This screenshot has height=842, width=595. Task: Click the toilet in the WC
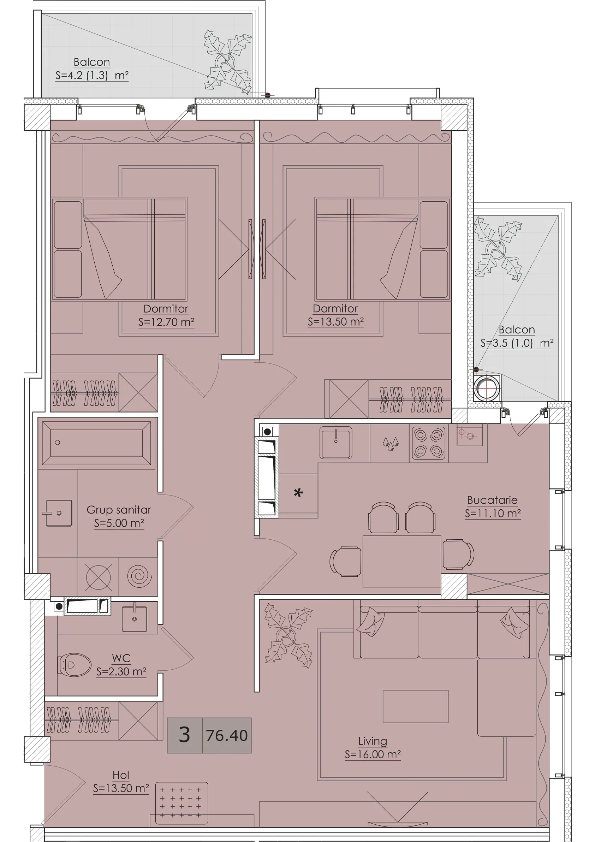coord(75,664)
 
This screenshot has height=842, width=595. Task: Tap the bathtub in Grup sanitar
coord(97,444)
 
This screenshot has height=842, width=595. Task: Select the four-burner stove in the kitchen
coord(429,443)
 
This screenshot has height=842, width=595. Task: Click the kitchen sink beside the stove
coord(336,442)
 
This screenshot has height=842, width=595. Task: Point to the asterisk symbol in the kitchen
coord(298,492)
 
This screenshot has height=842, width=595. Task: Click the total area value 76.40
coord(227,736)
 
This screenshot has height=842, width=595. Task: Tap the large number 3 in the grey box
coord(184,735)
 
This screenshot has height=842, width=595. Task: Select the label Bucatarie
coord(492,500)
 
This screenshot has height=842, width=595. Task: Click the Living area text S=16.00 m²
coord(373,754)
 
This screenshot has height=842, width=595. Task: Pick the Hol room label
coord(121,775)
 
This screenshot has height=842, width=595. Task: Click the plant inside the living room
coord(288,635)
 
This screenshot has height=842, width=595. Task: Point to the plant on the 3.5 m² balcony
coord(498,248)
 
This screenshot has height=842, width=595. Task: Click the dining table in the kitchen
coord(402,562)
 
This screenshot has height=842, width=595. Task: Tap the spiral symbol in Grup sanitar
coord(139,576)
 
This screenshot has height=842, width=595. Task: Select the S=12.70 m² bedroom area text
coord(166,322)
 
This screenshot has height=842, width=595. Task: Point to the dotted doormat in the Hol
coord(182,803)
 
